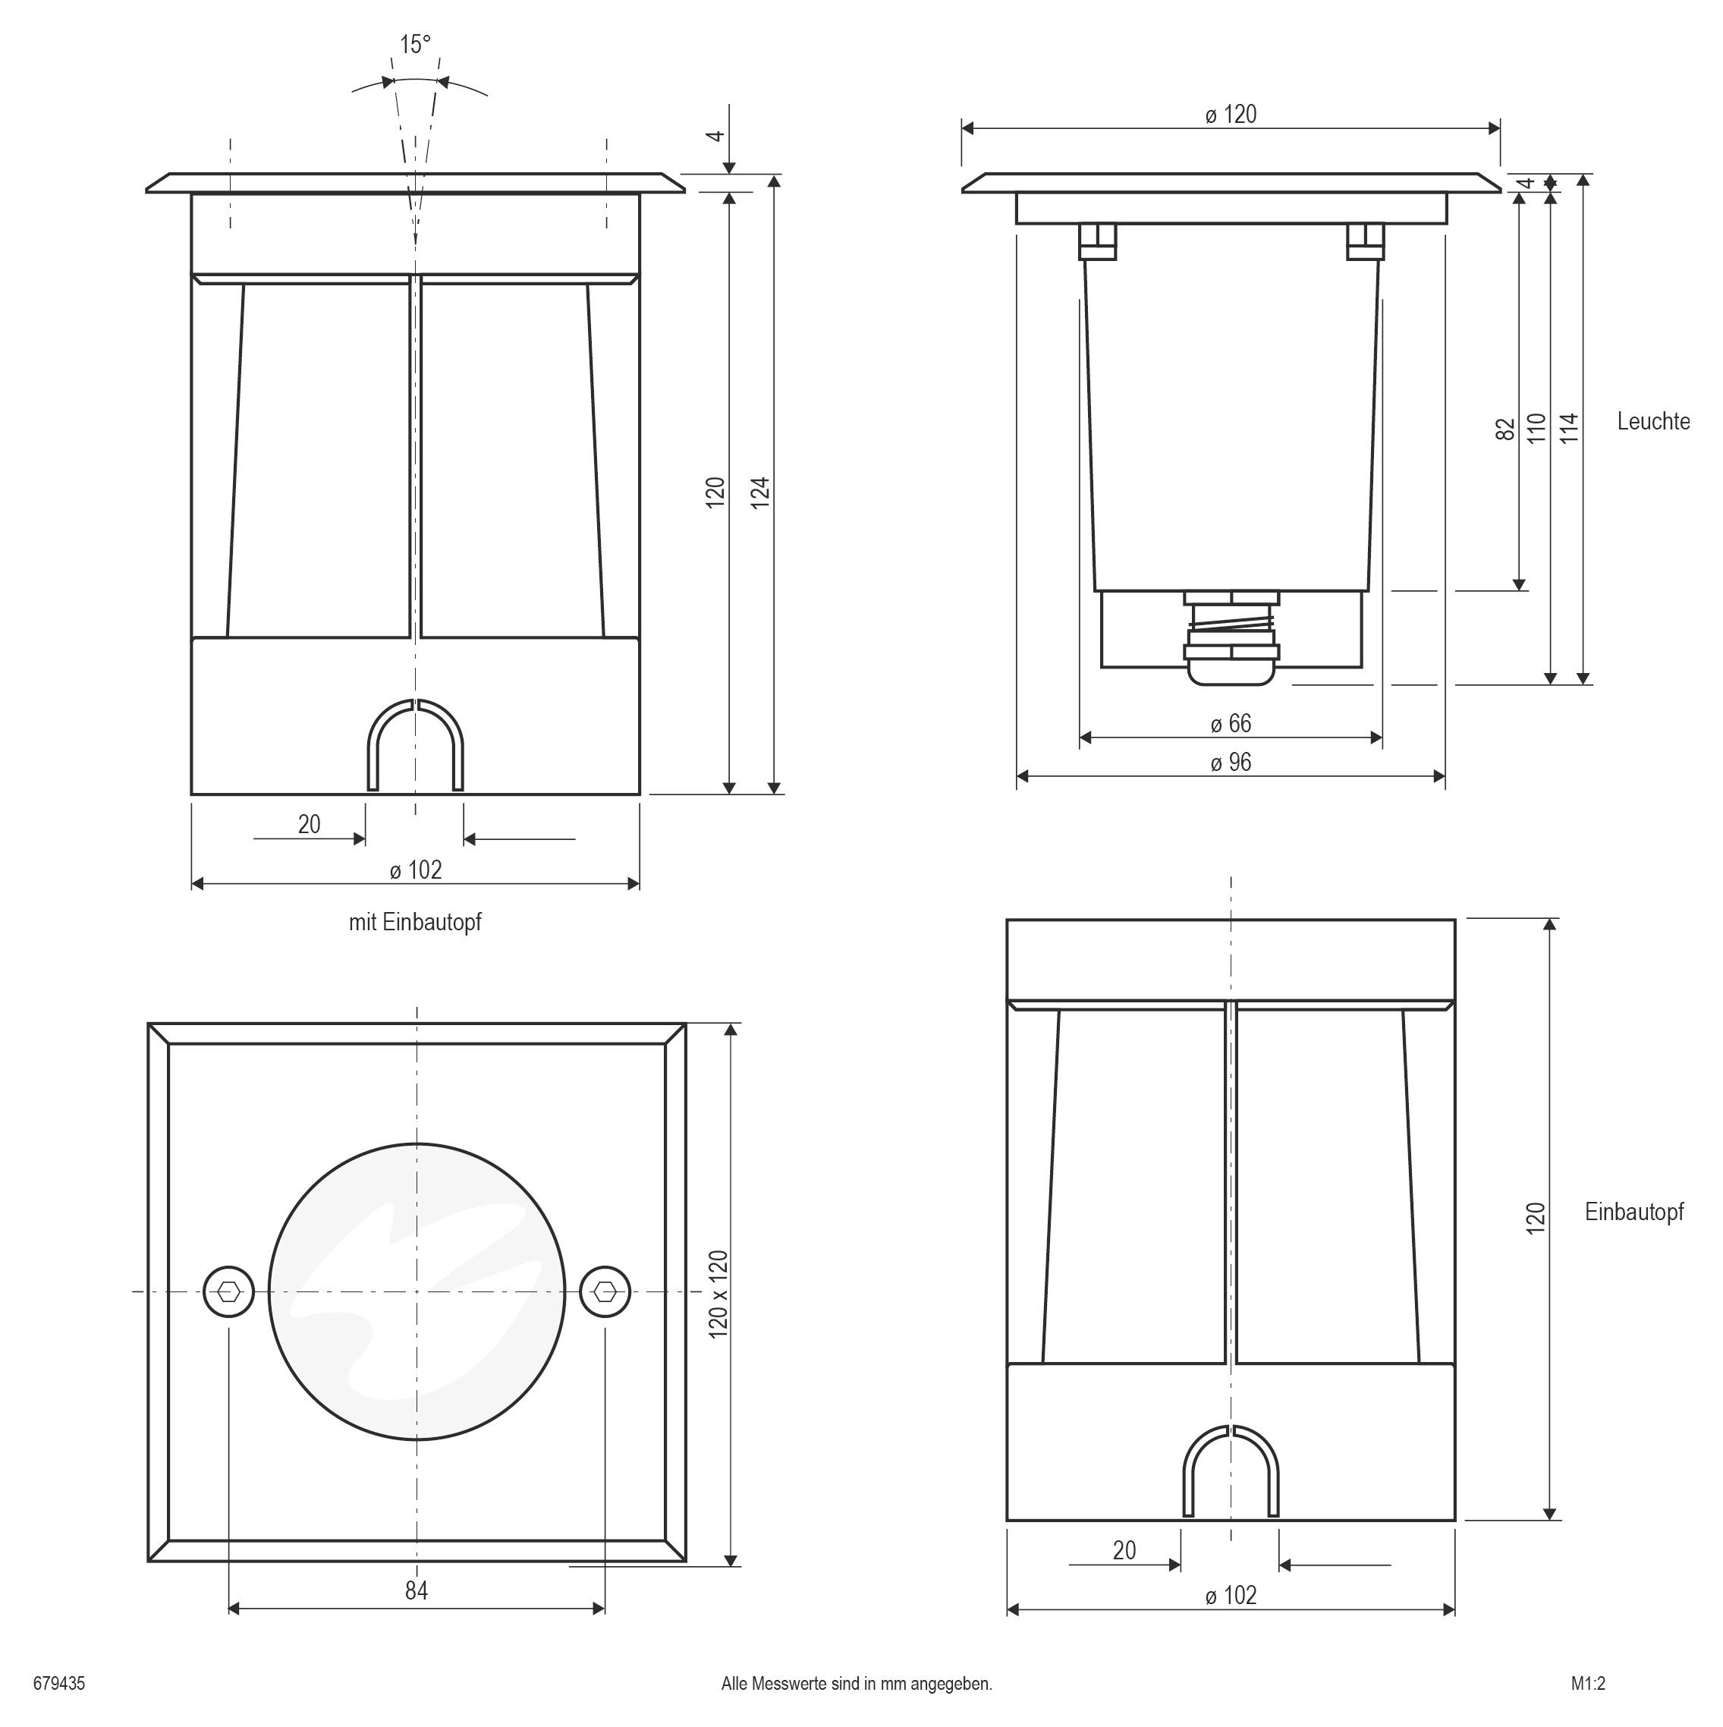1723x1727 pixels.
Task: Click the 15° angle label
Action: (415, 45)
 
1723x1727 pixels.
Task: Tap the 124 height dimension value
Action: (759, 492)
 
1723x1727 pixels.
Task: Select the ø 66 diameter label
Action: (1231, 723)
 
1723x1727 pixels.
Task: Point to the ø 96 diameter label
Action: (1231, 763)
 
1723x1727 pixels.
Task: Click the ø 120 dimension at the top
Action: (1231, 115)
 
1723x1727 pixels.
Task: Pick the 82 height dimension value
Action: (1506, 428)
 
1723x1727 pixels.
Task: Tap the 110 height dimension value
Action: (1536, 428)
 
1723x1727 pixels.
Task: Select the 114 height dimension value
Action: (1568, 428)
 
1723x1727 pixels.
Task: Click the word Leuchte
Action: (1653, 421)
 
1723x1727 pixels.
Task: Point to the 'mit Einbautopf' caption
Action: (415, 922)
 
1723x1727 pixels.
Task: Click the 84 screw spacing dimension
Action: (417, 1590)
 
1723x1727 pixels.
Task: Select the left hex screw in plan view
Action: (229, 1291)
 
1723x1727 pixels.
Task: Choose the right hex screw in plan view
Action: (605, 1291)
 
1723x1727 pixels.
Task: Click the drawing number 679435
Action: (59, 1683)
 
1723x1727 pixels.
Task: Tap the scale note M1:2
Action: (1588, 1683)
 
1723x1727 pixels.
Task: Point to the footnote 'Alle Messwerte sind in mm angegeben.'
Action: (856, 1683)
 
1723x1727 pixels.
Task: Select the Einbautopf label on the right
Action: (1633, 1212)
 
